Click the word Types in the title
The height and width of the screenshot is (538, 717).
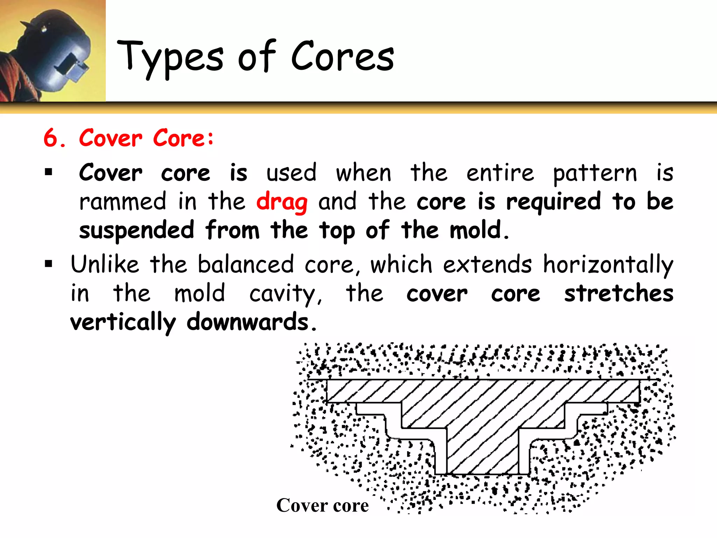(170, 58)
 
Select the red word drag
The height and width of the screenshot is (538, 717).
(282, 202)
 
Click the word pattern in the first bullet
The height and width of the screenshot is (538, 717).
(595, 173)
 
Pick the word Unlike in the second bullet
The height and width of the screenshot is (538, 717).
(105, 264)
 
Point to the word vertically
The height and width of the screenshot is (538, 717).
(123, 323)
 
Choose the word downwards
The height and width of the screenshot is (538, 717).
(248, 322)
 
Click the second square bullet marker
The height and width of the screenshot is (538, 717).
(49, 264)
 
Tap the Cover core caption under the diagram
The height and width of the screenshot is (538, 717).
(322, 505)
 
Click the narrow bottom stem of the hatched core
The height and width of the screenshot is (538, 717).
(482, 452)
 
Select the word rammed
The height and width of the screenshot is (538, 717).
(123, 202)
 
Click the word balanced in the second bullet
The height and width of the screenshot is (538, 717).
(245, 264)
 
